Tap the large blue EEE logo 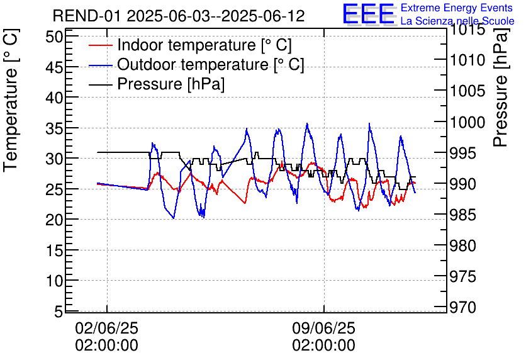point(368,14)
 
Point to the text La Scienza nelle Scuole point(457,21)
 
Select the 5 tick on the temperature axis point(59,312)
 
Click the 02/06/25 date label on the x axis point(106,328)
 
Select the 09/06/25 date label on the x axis point(323,328)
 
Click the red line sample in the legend point(101,46)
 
